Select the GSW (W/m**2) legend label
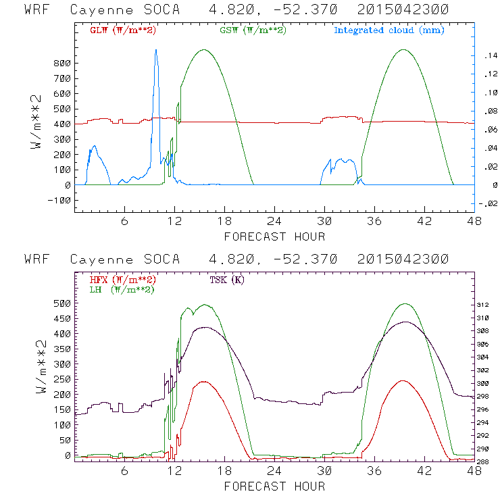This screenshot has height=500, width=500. click(252, 30)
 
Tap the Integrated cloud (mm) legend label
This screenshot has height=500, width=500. click(389, 30)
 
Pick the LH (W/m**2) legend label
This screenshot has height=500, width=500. click(122, 289)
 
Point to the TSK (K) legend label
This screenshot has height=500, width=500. click(224, 279)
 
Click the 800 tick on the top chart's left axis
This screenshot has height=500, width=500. click(63, 63)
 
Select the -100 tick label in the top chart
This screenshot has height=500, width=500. click(60, 201)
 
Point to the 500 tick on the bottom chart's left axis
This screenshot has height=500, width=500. click(63, 303)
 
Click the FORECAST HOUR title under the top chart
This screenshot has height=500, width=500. click(274, 236)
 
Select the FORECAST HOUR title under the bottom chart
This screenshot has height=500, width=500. click(274, 486)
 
